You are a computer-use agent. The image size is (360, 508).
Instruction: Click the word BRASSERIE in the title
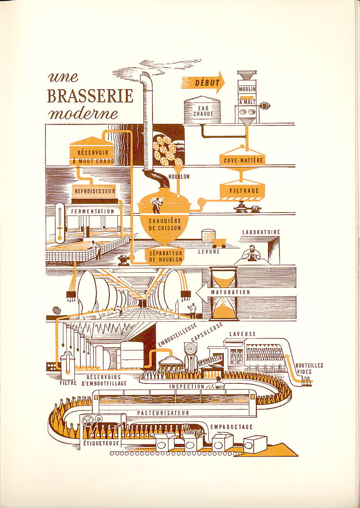pyautogui.click(x=90, y=96)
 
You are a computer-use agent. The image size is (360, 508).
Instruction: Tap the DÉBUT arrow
pyautogui.click(x=203, y=83)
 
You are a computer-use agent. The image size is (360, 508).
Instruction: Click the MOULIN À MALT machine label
pyautogui.click(x=247, y=96)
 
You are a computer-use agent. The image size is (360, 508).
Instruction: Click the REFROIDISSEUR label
pyautogui.click(x=95, y=191)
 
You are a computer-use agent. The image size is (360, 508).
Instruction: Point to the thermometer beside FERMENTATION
pyautogui.click(x=60, y=223)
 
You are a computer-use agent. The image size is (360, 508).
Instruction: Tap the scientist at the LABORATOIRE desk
pyautogui.click(x=252, y=253)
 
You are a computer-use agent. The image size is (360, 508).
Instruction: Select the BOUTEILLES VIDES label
pyautogui.click(x=304, y=368)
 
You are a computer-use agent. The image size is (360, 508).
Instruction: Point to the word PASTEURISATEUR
pyautogui.click(x=163, y=413)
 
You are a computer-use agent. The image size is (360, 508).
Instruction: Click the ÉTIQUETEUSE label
pyautogui.click(x=98, y=442)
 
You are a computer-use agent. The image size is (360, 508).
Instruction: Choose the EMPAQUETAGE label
pyautogui.click(x=231, y=427)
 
